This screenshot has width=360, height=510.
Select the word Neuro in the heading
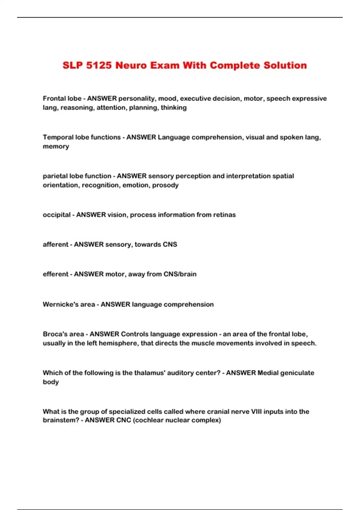131,65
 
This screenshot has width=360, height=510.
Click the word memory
56,146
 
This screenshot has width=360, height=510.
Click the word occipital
57,215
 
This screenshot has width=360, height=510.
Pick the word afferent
55,244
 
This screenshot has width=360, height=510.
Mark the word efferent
55,274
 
